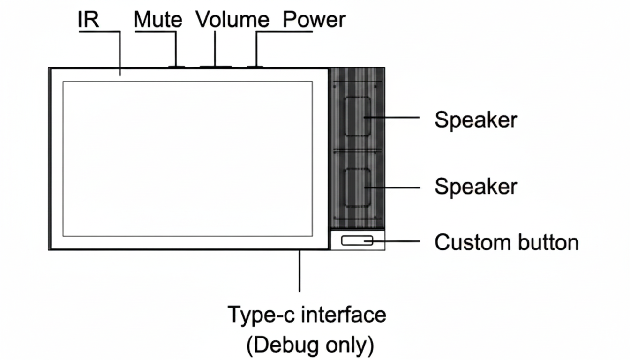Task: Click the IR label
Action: (88, 20)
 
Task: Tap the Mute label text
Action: (158, 20)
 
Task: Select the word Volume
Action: (232, 20)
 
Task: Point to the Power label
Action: (315, 20)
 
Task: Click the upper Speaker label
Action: (476, 120)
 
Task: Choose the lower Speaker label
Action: (476, 187)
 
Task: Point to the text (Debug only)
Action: (310, 345)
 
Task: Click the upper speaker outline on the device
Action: (357, 117)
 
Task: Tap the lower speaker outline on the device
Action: (357, 187)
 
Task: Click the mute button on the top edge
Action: (176, 67)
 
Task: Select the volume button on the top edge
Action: (216, 67)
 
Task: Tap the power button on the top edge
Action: (255, 67)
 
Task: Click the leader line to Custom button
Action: (398, 241)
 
